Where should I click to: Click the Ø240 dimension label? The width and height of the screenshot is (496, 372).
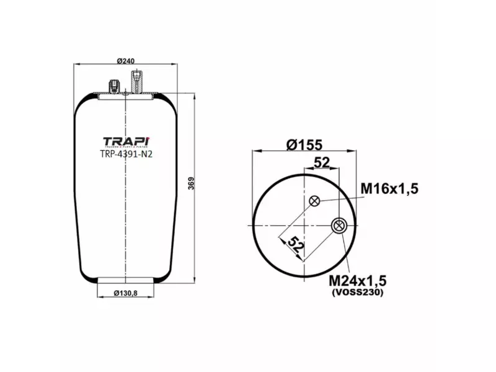point(126,61)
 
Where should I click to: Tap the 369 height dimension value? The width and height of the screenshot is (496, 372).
point(192,184)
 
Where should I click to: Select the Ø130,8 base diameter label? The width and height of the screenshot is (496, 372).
point(126,293)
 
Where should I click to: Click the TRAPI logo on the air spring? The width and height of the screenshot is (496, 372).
point(126,142)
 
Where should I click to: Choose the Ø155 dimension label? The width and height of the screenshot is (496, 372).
point(304,144)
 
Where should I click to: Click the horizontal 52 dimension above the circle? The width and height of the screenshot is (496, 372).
point(322,162)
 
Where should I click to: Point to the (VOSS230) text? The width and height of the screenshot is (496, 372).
point(357,293)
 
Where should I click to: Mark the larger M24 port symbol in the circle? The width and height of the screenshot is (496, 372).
point(339,226)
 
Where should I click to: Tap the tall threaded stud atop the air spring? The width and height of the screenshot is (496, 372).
point(136,81)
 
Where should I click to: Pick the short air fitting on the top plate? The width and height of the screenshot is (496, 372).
point(114,86)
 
